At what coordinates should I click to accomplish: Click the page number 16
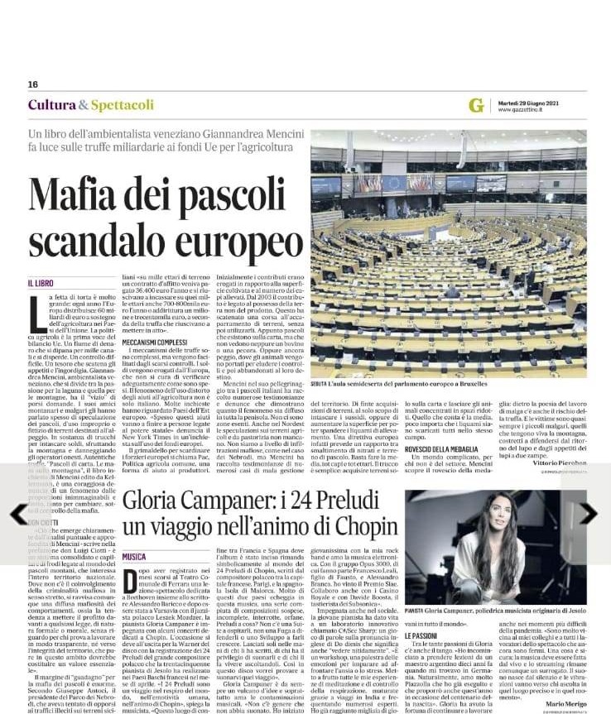pos(33,84)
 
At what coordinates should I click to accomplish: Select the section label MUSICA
pos(134,557)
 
